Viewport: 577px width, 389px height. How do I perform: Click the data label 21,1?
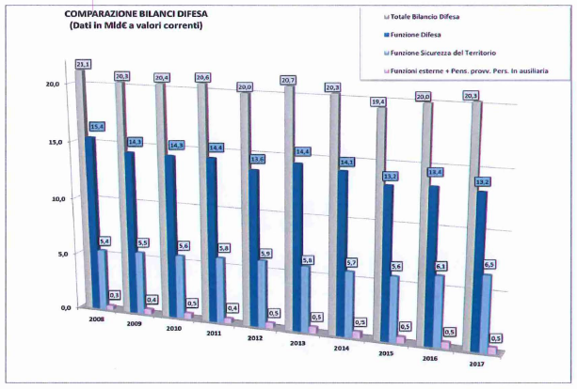tap(83, 64)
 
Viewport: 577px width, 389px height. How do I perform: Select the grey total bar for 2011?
tap(203, 188)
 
